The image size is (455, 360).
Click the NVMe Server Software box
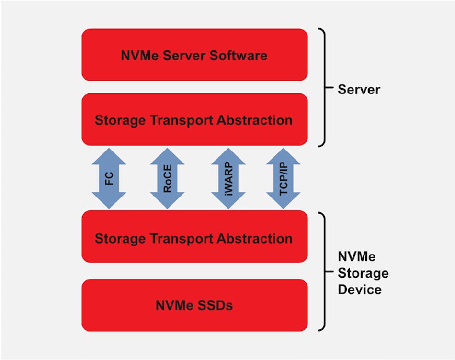[x=194, y=55]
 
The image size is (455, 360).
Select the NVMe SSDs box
[x=194, y=305]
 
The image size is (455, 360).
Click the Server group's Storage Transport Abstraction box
[x=194, y=119]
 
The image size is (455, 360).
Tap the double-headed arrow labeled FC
[x=109, y=178]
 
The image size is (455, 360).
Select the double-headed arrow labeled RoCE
[x=168, y=178]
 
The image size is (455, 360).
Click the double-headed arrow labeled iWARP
[x=228, y=178]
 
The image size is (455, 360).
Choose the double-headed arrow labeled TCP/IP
[x=283, y=178]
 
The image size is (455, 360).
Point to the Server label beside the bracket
[x=359, y=89]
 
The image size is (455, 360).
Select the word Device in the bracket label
[x=359, y=290]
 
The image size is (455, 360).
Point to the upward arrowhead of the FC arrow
[x=109, y=156]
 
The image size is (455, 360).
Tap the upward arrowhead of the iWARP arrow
[x=228, y=156]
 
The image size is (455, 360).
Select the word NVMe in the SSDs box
[x=174, y=305]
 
